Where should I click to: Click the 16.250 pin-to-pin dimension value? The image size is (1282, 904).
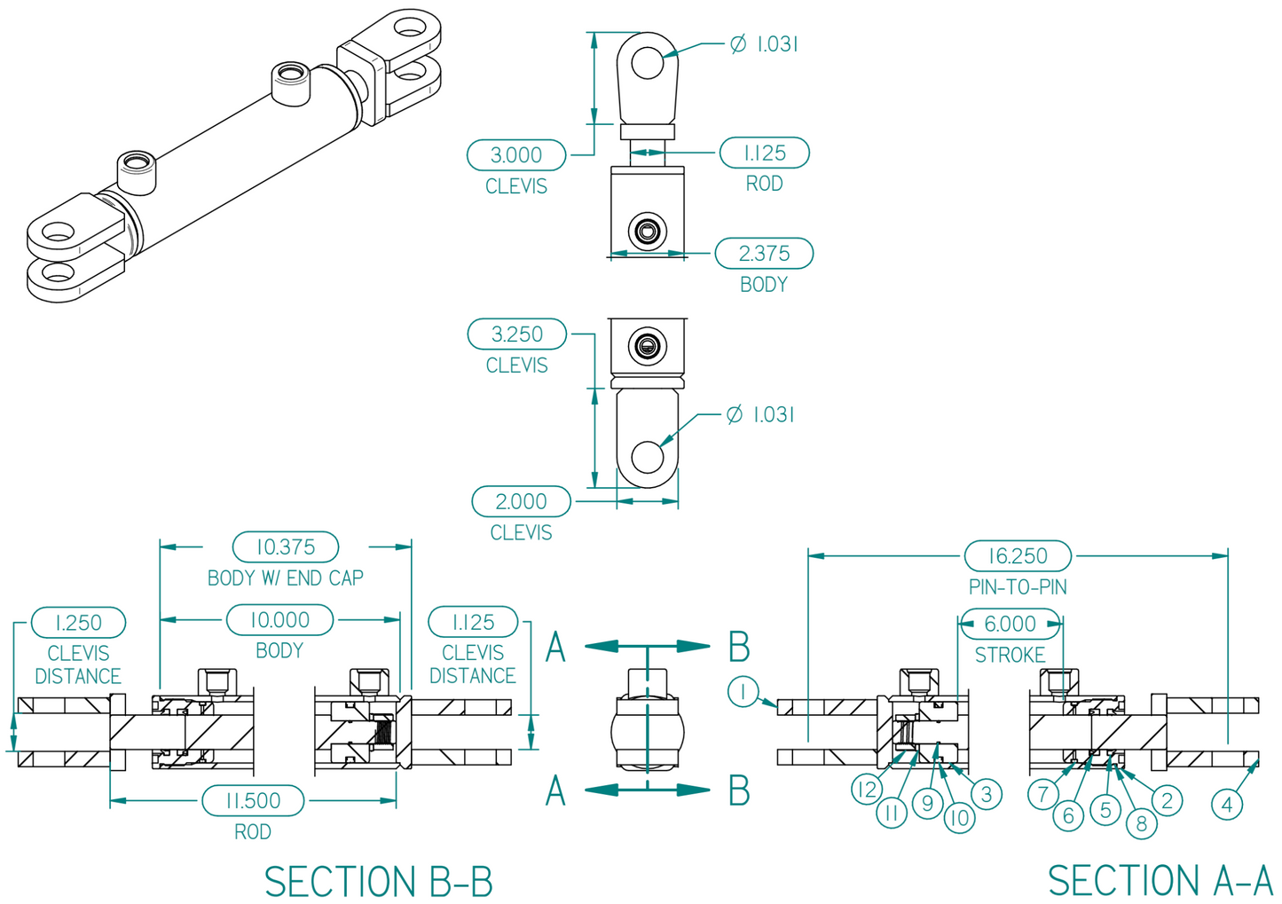1018,556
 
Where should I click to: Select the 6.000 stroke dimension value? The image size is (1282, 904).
1010,624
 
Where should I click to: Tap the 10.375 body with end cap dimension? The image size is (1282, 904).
286,547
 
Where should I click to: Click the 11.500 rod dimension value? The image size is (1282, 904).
253,801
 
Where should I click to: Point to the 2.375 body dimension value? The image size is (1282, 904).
764,254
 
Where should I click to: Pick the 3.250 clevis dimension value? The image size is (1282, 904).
517,334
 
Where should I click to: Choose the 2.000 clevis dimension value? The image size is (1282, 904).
521,501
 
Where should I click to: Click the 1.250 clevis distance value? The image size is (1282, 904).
78,623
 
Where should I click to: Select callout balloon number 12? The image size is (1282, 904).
867,790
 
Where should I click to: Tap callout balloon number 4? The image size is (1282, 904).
1227,805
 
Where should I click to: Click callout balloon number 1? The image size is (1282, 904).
743,691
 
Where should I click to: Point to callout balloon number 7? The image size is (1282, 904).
1043,794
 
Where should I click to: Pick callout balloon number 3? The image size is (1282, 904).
987,794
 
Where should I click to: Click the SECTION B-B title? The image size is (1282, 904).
378,882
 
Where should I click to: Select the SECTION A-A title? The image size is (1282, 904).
1160,881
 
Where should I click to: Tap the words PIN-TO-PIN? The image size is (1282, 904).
1018,587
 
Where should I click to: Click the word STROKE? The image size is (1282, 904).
1010,656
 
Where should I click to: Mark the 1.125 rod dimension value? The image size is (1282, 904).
764,153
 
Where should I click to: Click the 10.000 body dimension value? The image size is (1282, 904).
279,620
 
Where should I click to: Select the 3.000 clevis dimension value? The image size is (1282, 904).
516,155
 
